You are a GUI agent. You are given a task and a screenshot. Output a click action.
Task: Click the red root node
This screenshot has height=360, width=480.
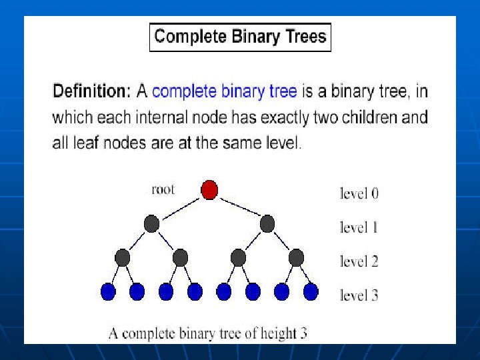209,190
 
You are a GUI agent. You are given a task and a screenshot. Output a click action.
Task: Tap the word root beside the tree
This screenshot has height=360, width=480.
163,189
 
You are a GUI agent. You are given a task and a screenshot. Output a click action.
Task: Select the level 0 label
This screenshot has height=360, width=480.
359,193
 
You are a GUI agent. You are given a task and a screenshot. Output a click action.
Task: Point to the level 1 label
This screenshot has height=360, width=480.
359,227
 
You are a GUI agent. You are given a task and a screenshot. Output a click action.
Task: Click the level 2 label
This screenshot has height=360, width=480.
359,261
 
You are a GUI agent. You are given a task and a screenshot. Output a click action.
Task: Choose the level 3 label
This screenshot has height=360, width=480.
359,295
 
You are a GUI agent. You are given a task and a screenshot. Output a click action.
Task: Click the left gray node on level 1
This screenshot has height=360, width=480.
151,224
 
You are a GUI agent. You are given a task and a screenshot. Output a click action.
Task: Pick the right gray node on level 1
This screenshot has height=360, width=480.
267,224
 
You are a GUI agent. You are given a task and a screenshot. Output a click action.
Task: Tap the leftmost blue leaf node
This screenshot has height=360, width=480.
108,292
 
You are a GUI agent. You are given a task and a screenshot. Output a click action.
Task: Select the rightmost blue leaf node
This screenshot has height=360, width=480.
311,292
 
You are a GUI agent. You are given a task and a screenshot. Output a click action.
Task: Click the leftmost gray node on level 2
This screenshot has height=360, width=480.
123,258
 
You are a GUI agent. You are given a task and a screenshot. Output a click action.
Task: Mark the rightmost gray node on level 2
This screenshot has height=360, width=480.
296,258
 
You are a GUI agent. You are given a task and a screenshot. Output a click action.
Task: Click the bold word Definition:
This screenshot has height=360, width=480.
92,91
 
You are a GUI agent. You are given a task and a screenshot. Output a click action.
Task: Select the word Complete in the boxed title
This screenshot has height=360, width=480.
191,37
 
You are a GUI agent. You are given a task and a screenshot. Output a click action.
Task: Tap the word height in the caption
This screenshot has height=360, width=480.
278,334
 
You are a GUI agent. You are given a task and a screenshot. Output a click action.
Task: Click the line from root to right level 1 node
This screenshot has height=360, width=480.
240,207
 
